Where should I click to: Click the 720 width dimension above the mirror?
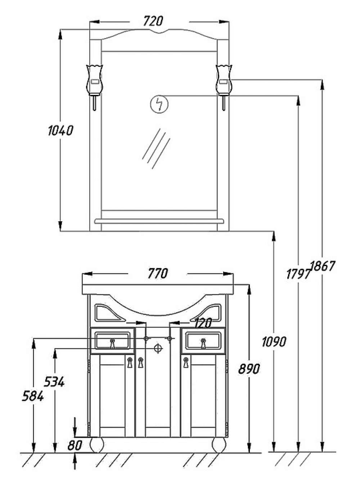pyautogui.click(x=153, y=21)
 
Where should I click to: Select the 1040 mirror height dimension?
pyautogui.click(x=60, y=131)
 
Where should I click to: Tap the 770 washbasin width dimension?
pyautogui.click(x=158, y=273)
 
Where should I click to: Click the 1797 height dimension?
pyautogui.click(x=298, y=274)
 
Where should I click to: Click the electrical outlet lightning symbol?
pyautogui.click(x=159, y=104)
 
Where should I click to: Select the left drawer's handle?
pyautogui.click(x=113, y=343)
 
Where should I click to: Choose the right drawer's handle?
pyautogui.click(x=203, y=343)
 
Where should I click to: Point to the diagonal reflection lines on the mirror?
pyautogui.click(x=156, y=149)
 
